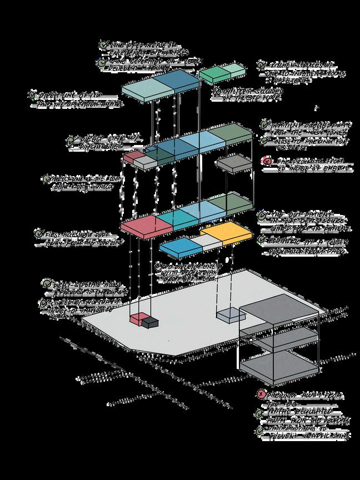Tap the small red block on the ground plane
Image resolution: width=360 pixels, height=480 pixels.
[136, 318]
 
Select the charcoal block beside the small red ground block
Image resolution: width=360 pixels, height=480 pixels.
[149, 322]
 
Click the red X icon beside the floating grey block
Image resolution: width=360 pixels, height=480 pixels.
[267, 162]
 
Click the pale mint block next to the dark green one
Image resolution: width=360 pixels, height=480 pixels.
[232, 69]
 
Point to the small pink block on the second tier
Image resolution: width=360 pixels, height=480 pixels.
[134, 157]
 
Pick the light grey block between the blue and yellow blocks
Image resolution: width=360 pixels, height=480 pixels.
[211, 242]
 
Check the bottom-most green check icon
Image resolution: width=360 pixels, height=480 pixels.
[259, 431]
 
